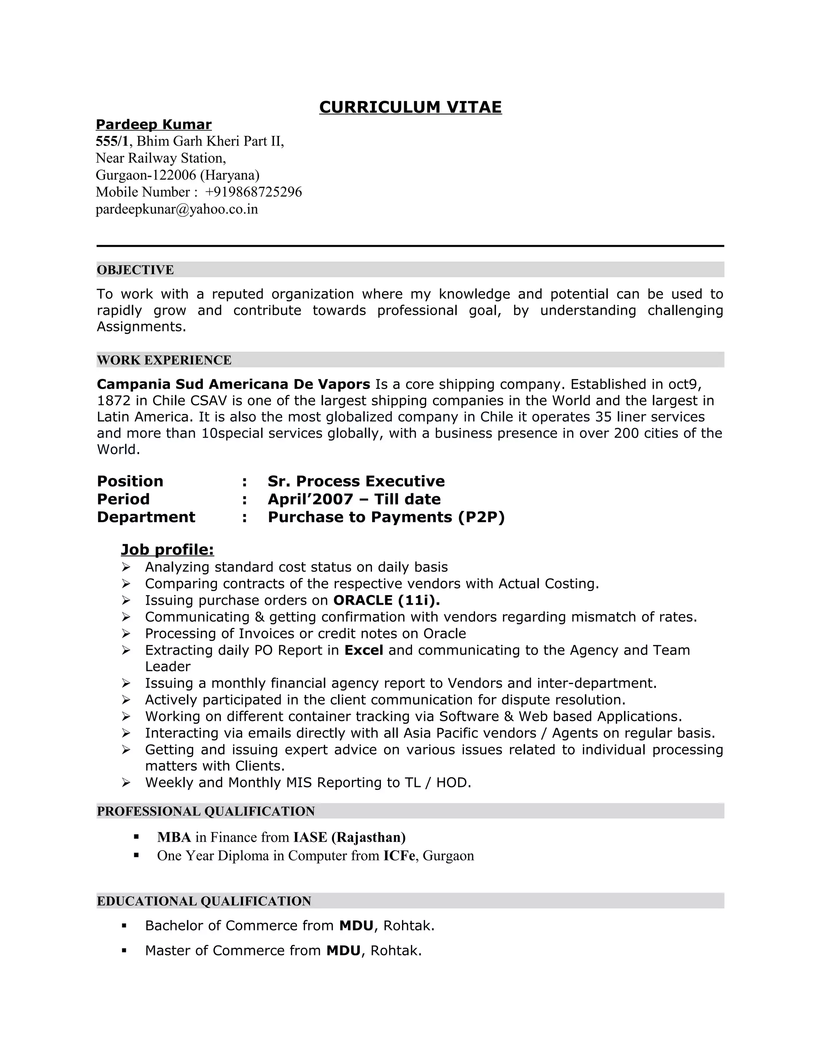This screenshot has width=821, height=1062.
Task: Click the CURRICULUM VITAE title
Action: click(x=410, y=107)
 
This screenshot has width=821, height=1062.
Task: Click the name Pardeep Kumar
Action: click(x=154, y=125)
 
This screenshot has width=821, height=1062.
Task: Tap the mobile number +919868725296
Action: click(x=253, y=192)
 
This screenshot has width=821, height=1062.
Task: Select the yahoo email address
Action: click(x=176, y=209)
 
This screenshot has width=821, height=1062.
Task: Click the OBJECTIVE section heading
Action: click(x=135, y=270)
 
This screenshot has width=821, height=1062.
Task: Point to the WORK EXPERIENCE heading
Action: click(x=164, y=360)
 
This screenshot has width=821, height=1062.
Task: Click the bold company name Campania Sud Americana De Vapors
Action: click(x=233, y=384)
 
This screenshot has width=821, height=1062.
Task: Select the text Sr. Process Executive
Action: click(x=356, y=481)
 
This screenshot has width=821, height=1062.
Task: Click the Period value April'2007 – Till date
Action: click(x=354, y=499)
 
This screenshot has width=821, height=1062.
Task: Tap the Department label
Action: click(x=146, y=517)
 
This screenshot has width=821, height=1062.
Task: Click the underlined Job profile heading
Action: click(x=167, y=549)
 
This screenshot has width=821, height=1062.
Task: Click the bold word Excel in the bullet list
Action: click(x=364, y=650)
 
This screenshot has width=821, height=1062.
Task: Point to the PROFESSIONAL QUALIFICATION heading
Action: click(x=206, y=811)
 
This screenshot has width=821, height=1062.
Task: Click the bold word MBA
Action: click(x=174, y=837)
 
